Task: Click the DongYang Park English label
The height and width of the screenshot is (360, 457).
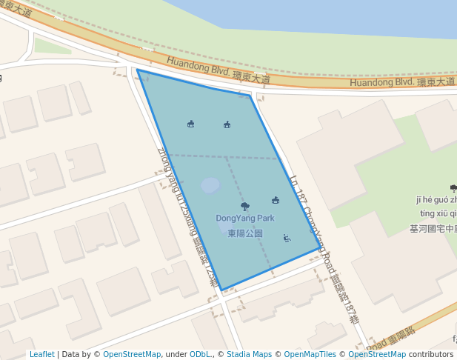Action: (245, 219)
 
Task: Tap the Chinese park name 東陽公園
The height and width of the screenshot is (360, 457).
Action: (245, 233)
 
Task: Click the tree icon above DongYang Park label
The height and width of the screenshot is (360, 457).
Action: (245, 206)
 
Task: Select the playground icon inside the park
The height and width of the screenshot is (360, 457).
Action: (287, 238)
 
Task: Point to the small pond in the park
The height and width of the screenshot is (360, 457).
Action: (211, 185)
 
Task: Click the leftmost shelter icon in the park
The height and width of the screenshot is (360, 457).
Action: (191, 124)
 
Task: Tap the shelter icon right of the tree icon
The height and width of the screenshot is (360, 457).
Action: (276, 200)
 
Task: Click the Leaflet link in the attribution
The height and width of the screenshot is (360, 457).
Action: (41, 355)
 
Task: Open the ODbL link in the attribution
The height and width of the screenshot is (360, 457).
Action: (200, 355)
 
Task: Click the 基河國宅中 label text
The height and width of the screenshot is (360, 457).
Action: (433, 229)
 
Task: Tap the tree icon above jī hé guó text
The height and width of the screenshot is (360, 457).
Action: (453, 189)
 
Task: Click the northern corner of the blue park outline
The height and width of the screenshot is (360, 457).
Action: (137, 70)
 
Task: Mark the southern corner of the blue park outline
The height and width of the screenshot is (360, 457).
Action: (221, 290)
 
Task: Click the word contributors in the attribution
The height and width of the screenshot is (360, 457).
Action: (431, 355)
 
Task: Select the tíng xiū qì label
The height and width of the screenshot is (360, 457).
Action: (437, 213)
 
